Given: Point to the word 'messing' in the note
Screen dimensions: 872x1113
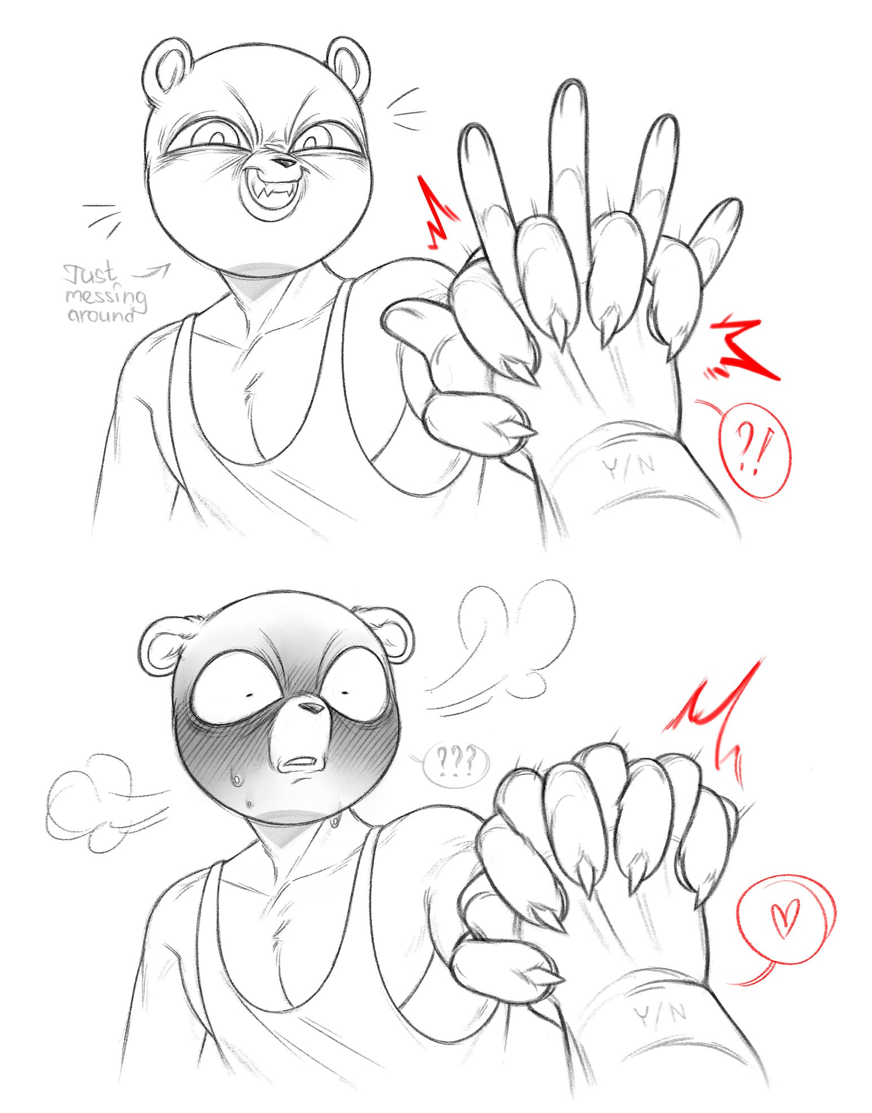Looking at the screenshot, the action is (x=106, y=296).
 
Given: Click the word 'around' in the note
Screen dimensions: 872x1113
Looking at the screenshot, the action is (x=100, y=315).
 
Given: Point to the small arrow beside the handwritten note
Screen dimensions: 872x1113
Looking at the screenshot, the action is (x=151, y=272).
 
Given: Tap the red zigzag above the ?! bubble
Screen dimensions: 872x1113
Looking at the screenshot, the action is (x=742, y=350).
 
